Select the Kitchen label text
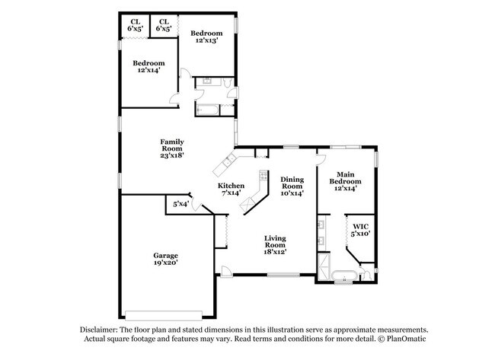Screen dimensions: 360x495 pyautogui.click(x=231, y=186)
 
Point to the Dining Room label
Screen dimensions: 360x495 pyautogui.click(x=292, y=182)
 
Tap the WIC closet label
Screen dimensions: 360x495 pyautogui.click(x=359, y=225)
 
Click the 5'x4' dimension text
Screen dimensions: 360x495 pyautogui.click(x=180, y=204)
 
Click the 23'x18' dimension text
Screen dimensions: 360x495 pyautogui.click(x=171, y=155)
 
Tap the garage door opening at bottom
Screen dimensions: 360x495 pyautogui.click(x=164, y=315)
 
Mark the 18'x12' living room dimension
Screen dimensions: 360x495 pyautogui.click(x=275, y=251)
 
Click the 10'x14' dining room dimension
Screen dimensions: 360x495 pyautogui.click(x=292, y=194)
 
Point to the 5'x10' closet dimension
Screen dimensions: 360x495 pyautogui.click(x=359, y=234)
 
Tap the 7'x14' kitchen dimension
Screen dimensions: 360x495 pyautogui.click(x=231, y=194)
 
